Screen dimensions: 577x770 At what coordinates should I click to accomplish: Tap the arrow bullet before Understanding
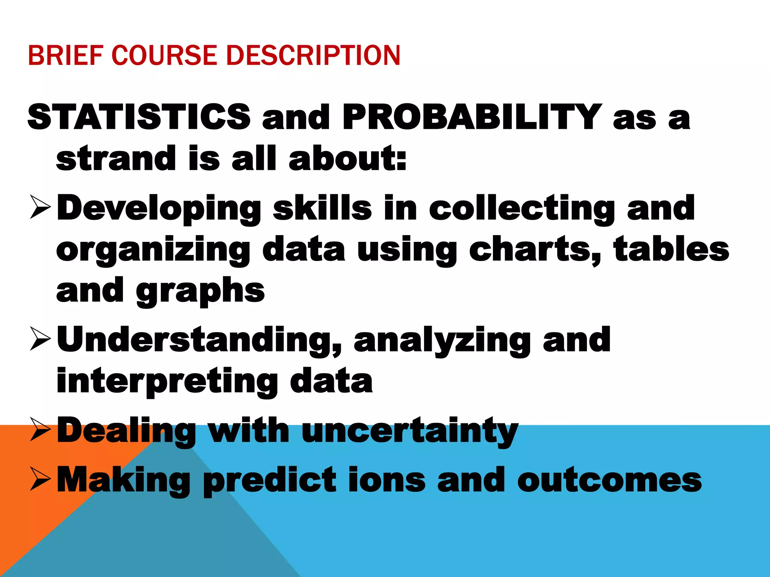[40, 339]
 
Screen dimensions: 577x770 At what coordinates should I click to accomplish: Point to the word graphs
[200, 291]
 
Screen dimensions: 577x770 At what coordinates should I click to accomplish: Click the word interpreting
[167, 381]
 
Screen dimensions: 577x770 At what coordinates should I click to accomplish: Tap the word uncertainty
[410, 431]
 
